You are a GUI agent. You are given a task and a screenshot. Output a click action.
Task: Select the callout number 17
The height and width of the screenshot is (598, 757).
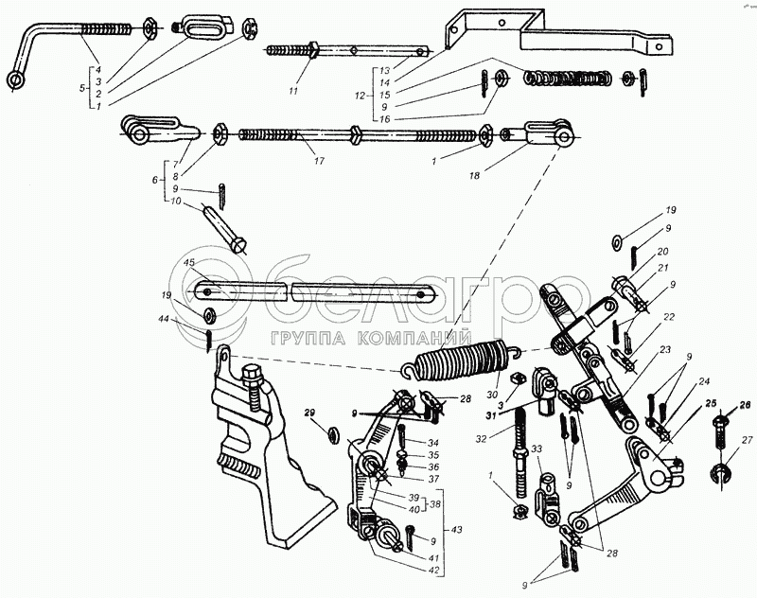[318, 162]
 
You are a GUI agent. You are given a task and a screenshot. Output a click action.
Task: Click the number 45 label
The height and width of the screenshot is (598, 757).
[190, 262]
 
